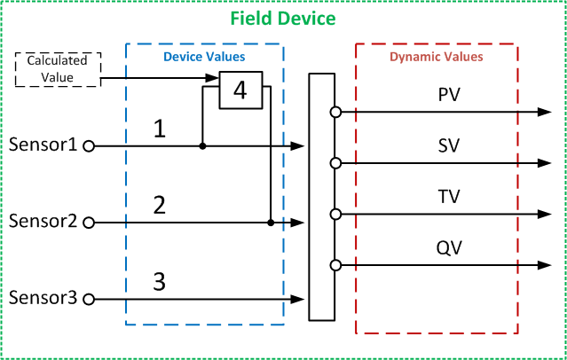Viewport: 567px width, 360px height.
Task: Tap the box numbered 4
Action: point(239,90)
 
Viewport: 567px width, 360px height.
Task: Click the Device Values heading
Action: point(204,57)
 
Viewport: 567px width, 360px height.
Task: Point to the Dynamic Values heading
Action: point(437,57)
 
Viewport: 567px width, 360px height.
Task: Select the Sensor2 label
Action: point(41,221)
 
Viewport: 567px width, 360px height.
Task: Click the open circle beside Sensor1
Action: point(89,145)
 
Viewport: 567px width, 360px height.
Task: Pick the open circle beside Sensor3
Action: point(89,300)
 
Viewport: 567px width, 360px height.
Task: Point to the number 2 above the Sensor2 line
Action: point(160,206)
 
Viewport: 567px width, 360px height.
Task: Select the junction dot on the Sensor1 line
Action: point(202,145)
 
